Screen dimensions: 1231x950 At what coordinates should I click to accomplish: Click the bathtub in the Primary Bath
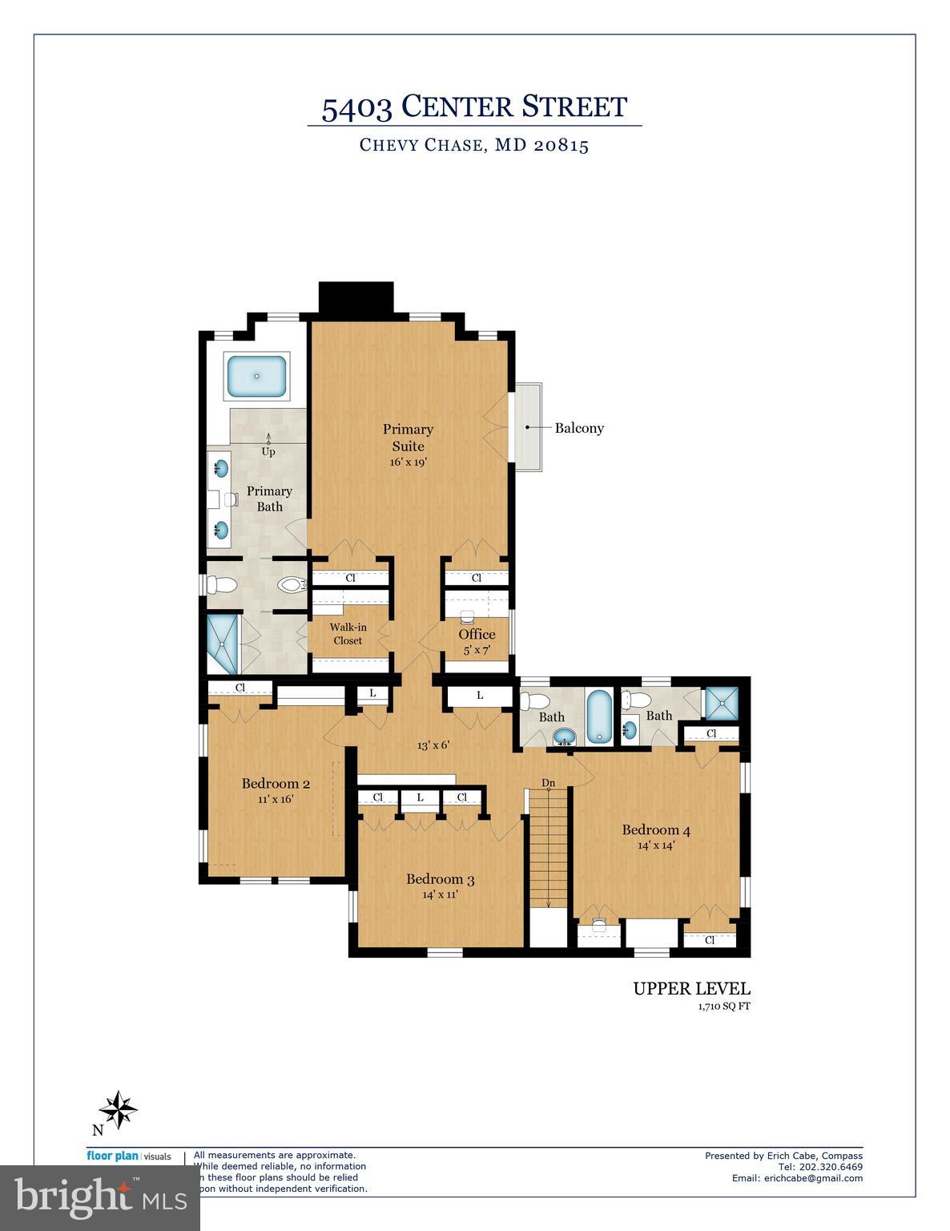(258, 377)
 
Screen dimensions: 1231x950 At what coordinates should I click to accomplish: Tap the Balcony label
(579, 428)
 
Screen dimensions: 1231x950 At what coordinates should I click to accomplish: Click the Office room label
(477, 634)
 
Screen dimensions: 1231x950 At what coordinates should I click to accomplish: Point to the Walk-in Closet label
(348, 634)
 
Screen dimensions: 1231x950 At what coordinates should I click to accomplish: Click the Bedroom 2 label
(276, 784)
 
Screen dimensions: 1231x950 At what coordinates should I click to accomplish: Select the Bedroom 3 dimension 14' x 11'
(440, 894)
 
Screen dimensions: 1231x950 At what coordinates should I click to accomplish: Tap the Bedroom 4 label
(656, 830)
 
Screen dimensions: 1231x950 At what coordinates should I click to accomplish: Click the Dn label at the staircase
(548, 782)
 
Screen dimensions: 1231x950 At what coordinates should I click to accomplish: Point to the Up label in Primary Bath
(268, 452)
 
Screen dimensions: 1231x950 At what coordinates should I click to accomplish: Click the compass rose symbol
(118, 1109)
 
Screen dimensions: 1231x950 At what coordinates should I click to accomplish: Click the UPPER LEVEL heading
(691, 989)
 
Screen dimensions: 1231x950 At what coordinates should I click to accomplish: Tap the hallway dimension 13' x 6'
(433, 745)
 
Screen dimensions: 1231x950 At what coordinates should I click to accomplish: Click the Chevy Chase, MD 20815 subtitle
(474, 146)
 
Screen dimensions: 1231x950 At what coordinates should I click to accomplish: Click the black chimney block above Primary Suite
(356, 300)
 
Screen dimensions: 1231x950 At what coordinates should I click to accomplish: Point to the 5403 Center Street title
(474, 107)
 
